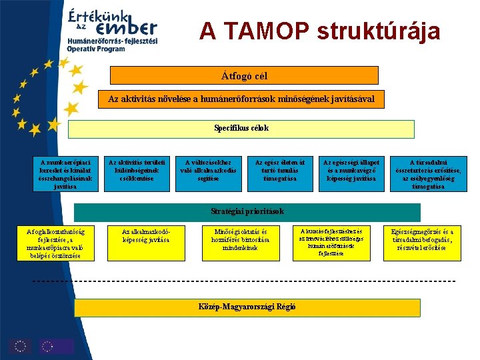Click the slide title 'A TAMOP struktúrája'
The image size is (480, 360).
pyautogui.click(x=319, y=31)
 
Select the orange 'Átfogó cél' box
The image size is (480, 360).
pyautogui.click(x=244, y=75)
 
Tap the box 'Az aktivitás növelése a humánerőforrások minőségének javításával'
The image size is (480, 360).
pyautogui.click(x=241, y=99)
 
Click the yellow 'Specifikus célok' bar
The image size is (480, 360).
pyautogui.click(x=241, y=128)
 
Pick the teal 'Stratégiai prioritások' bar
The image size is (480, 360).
pyautogui.click(x=247, y=211)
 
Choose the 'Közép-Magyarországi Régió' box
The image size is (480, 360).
pyautogui.click(x=247, y=307)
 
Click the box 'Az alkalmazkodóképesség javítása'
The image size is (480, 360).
pyautogui.click(x=145, y=235)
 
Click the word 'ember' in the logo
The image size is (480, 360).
pyautogui.click(x=126, y=28)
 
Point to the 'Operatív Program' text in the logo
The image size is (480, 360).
pyautogui.click(x=96, y=49)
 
